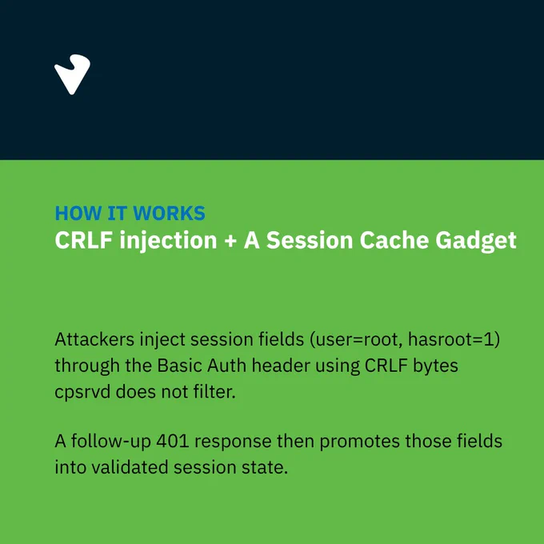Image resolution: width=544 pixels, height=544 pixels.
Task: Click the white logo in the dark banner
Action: (x=72, y=74)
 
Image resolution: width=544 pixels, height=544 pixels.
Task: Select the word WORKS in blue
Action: (x=169, y=213)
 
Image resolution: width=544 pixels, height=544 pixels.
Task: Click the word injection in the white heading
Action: (x=168, y=241)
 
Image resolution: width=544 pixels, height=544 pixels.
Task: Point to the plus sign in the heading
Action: (x=230, y=241)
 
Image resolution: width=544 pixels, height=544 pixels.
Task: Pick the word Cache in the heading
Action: (x=394, y=240)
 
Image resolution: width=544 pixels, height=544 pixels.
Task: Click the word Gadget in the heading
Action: (x=476, y=241)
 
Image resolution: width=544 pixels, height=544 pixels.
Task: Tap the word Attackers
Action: (x=94, y=339)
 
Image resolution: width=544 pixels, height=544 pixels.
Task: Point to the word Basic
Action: (x=179, y=366)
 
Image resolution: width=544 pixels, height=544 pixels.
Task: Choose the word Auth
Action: (x=226, y=366)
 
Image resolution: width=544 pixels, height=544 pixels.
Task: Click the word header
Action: (x=281, y=366)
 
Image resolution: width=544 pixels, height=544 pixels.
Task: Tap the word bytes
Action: (x=435, y=366)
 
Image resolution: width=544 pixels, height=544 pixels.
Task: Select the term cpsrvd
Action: (x=82, y=393)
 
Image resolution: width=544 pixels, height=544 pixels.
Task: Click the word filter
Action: (x=214, y=392)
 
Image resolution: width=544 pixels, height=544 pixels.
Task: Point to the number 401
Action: (x=173, y=442)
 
